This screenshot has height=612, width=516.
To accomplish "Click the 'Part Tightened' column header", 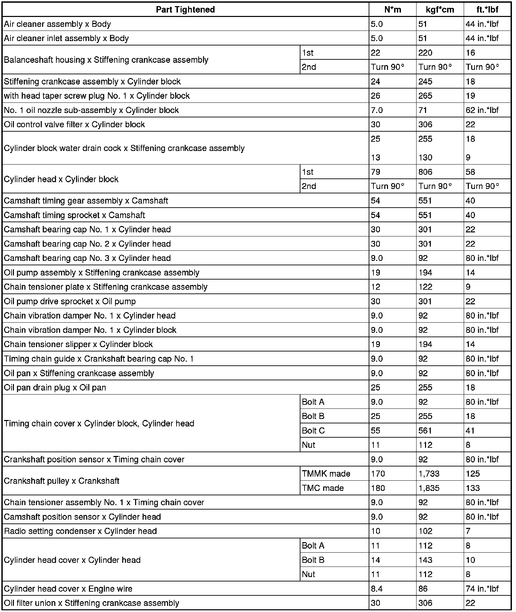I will (185, 9).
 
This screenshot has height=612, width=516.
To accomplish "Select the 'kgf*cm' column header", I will (440, 9).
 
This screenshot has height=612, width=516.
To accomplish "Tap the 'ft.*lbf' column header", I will (487, 9).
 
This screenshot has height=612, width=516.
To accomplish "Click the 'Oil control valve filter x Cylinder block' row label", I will (74, 125).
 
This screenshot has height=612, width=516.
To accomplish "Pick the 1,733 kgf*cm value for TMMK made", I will (429, 474).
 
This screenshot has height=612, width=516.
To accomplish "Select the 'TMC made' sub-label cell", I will (323, 488).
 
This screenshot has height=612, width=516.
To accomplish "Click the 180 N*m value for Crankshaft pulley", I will (378, 488).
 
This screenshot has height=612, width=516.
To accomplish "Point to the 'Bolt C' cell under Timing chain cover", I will (313, 431).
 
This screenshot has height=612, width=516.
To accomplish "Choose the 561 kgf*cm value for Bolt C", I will (425, 431).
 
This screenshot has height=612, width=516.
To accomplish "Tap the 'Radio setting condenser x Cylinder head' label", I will (80, 531).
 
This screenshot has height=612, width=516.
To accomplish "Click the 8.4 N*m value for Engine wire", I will (377, 589).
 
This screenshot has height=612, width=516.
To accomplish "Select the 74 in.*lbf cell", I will (482, 589).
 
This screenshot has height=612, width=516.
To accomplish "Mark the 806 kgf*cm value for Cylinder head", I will (425, 172).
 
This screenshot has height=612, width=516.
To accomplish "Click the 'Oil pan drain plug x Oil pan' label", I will (55, 387).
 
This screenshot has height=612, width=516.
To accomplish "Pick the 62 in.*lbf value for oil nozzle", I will (482, 110).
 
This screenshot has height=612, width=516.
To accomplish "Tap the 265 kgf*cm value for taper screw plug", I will (425, 96).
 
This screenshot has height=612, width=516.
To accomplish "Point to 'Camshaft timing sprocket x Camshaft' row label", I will (74, 215).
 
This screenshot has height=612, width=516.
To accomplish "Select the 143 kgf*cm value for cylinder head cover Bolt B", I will (425, 560).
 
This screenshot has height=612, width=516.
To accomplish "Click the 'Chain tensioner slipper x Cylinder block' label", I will (78, 344).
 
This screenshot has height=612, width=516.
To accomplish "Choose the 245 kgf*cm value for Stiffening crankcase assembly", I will (425, 81).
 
